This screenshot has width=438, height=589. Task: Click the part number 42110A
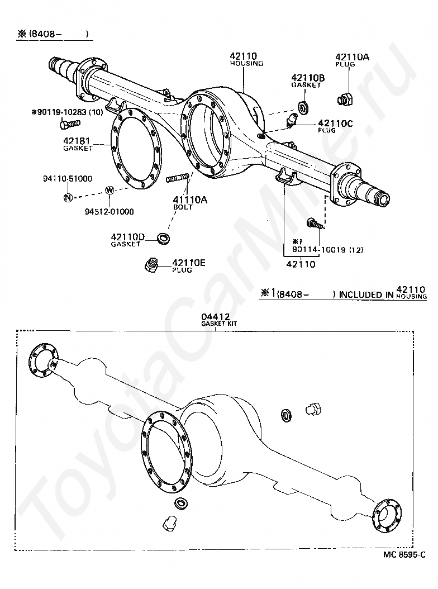pos(352,57)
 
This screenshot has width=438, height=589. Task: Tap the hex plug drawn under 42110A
pos(345,99)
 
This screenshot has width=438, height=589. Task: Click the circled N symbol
pos(68,197)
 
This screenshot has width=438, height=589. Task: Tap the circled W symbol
pos(109,191)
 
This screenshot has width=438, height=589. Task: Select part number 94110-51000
pos(68,178)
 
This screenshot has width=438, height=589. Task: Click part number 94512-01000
pos(109,211)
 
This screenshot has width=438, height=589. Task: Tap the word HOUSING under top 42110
pos(246,64)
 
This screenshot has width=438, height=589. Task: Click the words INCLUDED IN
pos(366,294)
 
